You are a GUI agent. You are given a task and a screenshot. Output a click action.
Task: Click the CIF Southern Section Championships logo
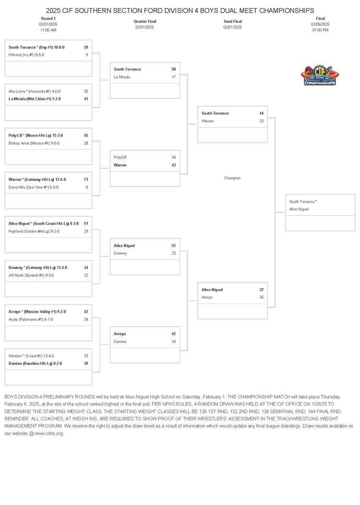pyautogui.click(x=319, y=76)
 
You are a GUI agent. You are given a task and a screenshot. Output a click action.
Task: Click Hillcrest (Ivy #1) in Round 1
pyautogui.click(x=28, y=55)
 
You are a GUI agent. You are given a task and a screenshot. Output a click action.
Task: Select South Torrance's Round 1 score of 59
pyautogui.click(x=86, y=47)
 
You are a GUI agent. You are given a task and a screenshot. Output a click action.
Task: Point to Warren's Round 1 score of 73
pyautogui.click(x=86, y=179)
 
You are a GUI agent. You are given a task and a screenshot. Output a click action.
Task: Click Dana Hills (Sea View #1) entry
pyautogui.click(x=34, y=187)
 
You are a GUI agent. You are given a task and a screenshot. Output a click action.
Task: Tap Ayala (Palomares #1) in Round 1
pyautogui.click(x=31, y=319)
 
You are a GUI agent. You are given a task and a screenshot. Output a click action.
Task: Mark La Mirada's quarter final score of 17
pyautogui.click(x=173, y=77)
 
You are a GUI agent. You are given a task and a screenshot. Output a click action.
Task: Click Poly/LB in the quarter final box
pyautogui.click(x=120, y=157)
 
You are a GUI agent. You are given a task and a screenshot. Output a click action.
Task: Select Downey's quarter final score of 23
pyautogui.click(x=173, y=253)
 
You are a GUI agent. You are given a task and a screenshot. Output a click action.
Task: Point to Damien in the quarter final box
pyautogui.click(x=120, y=341)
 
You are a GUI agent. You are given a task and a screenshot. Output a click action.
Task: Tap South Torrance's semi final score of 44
pyautogui.click(x=261, y=113)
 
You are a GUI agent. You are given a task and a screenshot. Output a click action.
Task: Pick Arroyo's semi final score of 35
pyautogui.click(x=261, y=297)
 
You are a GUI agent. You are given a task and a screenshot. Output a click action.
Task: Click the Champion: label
pyautogui.click(x=232, y=178)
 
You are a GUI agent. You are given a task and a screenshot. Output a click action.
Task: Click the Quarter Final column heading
pyautogui.click(x=144, y=21)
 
